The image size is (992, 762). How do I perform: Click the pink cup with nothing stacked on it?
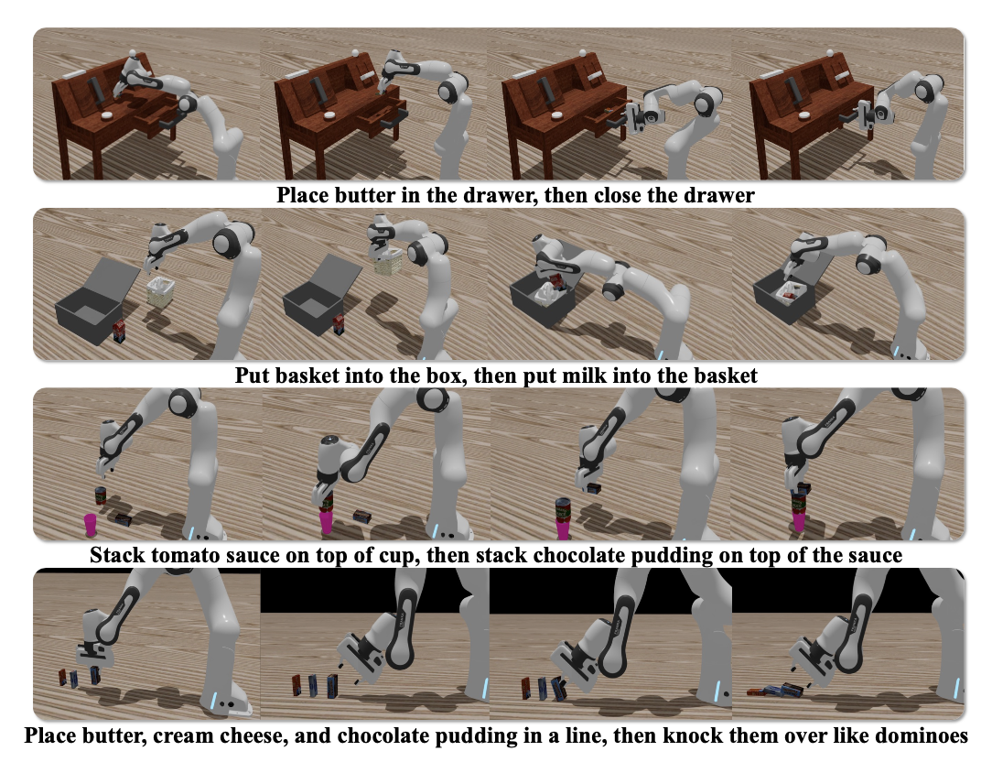click(x=92, y=525)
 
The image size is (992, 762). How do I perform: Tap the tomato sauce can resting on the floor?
click(x=101, y=495)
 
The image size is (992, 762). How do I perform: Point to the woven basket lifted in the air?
click(x=388, y=261)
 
